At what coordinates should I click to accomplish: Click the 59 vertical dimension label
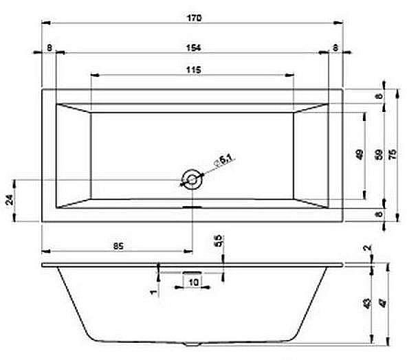pyautogui.click(x=377, y=155)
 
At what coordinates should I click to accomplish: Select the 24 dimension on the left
pyautogui.click(x=9, y=201)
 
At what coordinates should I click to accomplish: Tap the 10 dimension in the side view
pyautogui.click(x=193, y=282)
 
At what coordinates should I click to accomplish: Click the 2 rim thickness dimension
pyautogui.click(x=368, y=248)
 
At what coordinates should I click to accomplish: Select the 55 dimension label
pyautogui.click(x=219, y=241)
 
